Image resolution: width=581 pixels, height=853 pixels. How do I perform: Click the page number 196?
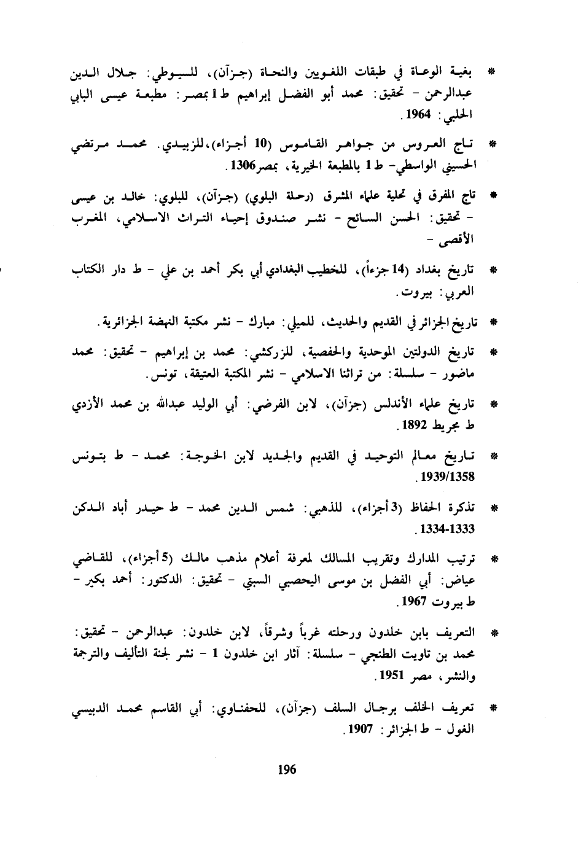[x=287, y=769]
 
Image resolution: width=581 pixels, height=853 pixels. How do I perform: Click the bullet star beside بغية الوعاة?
[x=492, y=72]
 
